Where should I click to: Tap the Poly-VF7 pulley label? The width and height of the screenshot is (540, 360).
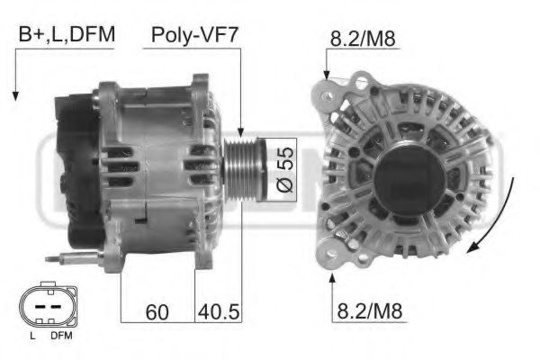pyautogui.click(x=193, y=37)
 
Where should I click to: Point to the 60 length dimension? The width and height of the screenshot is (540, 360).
pyautogui.click(x=158, y=312)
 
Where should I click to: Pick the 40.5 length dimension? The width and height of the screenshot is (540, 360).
pyautogui.click(x=218, y=312)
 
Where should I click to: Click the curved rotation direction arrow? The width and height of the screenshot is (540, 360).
pyautogui.click(x=499, y=216)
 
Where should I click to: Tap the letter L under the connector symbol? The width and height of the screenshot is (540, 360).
pyautogui.click(x=32, y=336)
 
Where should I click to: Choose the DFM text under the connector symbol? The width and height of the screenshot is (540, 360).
pyautogui.click(x=60, y=336)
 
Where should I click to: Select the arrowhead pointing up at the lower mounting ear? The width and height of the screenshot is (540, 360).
pyautogui.click(x=334, y=281)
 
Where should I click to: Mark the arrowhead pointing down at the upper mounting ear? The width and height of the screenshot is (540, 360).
pyautogui.click(x=327, y=73)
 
